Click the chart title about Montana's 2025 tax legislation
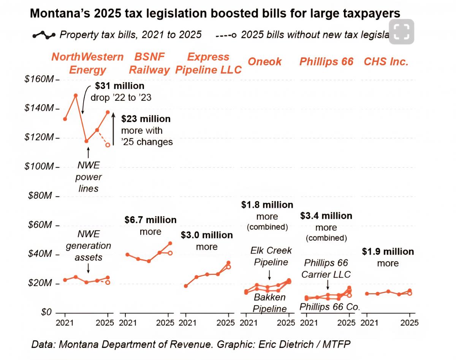pos(215,14)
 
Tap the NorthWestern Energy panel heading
pos(87,63)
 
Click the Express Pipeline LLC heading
pos(208,63)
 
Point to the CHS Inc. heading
pos(386,62)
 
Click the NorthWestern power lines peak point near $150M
pos(76,95)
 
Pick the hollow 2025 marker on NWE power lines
pos(108,145)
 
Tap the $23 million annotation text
pos(146,119)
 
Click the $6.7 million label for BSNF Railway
pos(150,220)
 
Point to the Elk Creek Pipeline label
pos(271,256)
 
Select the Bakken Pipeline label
pos(270,303)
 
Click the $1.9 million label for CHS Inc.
pos(388,252)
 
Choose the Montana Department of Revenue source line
pos(191,344)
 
